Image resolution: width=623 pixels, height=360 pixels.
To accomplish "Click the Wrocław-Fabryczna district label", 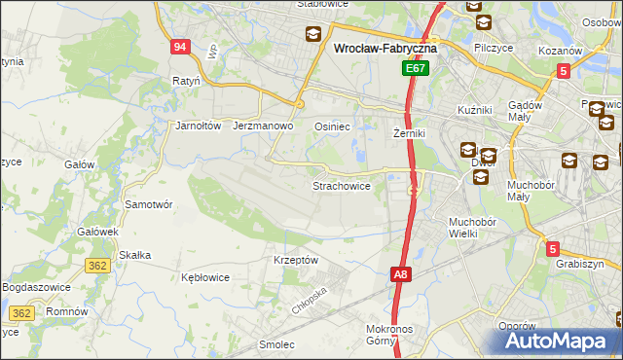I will pyautogui.click(x=385, y=47).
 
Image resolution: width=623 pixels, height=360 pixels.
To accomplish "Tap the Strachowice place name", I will pyautogui.click(x=341, y=186).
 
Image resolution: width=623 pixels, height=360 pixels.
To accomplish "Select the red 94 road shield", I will pyautogui.click(x=180, y=47).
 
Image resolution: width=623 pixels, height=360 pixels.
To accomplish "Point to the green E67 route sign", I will pyautogui.click(x=416, y=69).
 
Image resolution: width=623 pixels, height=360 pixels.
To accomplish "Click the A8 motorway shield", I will pyautogui.click(x=401, y=275).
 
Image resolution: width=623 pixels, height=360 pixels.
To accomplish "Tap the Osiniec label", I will pyautogui.click(x=332, y=126).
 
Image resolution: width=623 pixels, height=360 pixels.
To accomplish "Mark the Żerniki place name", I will pyautogui.click(x=410, y=132).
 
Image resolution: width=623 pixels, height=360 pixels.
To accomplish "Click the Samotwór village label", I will pyautogui.click(x=149, y=205).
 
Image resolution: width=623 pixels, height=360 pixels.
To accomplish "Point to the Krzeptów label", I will pyautogui.click(x=296, y=260).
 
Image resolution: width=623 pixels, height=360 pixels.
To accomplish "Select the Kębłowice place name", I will pyautogui.click(x=205, y=277).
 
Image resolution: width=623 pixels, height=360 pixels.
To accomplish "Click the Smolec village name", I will pyautogui.click(x=276, y=343).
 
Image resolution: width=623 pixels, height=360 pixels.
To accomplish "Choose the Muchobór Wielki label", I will pyautogui.click(x=472, y=227).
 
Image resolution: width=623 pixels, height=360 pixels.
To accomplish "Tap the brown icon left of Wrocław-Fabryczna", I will pyautogui.click(x=313, y=36).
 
